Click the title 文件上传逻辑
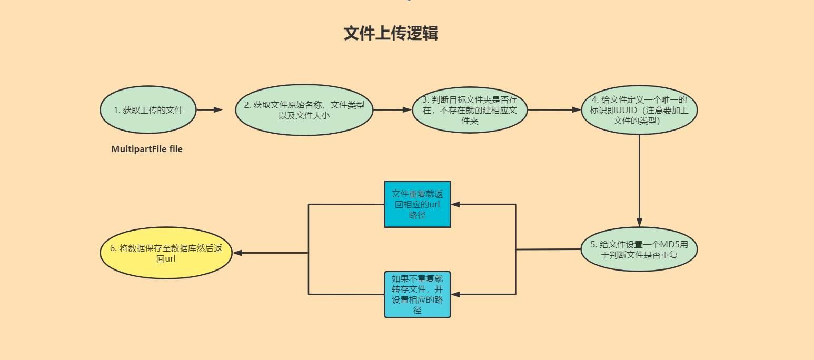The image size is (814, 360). pos(391,33)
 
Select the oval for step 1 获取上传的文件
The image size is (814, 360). pos(148,110)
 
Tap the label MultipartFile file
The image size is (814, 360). pos(147,149)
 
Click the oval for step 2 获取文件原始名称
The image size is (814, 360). pos(304,110)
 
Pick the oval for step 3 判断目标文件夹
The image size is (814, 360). pos(470,110)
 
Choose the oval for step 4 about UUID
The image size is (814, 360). pos(639,110)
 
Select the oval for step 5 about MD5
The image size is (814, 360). pos(639,249)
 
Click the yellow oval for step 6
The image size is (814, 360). pos(166,253)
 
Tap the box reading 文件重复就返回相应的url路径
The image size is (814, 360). pos(417,204)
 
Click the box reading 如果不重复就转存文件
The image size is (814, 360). pos(417,294)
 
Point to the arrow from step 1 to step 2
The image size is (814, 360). pos(210,110)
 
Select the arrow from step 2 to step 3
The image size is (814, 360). pos(392,110)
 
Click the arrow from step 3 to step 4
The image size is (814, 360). pos(554,110)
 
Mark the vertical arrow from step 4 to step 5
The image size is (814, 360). pos(639,179)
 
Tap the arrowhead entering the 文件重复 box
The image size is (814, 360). pos(456,204)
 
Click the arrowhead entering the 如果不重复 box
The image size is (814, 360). pos(456,294)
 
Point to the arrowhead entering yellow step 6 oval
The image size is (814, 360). pos(237,253)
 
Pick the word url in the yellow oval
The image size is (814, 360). pos(170,259)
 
